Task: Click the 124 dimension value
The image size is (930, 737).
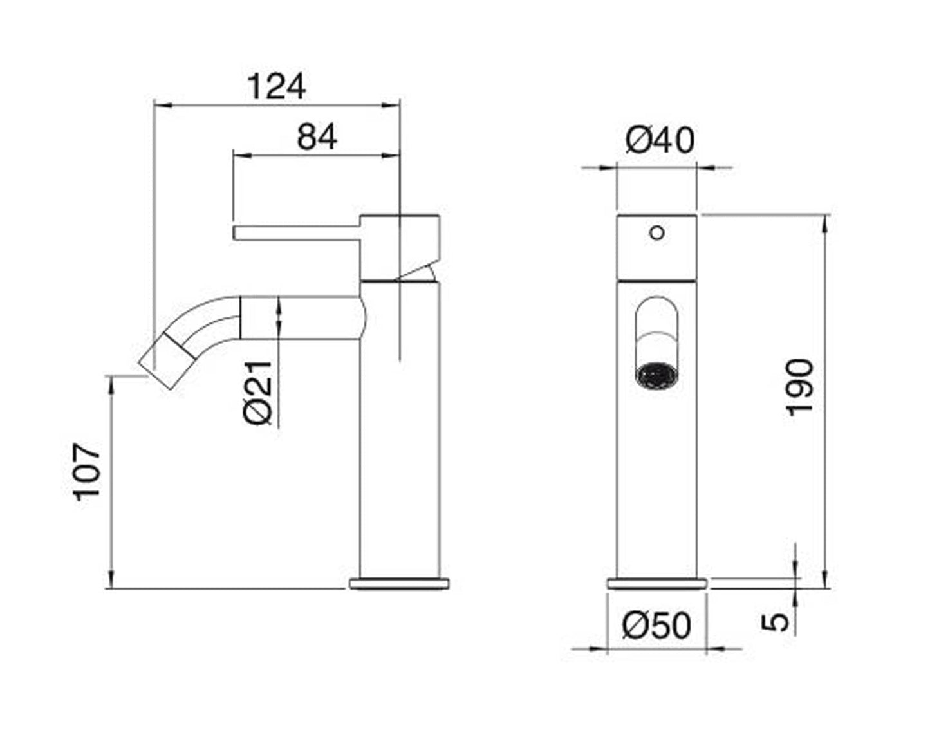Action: pyautogui.click(x=276, y=87)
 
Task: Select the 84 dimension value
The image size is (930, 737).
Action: pyautogui.click(x=317, y=137)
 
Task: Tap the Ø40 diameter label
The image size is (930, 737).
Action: pyautogui.click(x=660, y=140)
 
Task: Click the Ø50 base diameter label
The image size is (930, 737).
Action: pyautogui.click(x=656, y=625)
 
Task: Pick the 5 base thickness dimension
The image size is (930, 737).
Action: pyautogui.click(x=777, y=622)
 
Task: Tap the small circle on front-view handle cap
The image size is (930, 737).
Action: pyautogui.click(x=656, y=233)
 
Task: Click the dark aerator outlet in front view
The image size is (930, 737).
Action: pyautogui.click(x=656, y=376)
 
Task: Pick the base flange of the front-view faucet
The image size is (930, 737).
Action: pyautogui.click(x=657, y=584)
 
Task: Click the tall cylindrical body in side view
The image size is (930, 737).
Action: pyautogui.click(x=399, y=451)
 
